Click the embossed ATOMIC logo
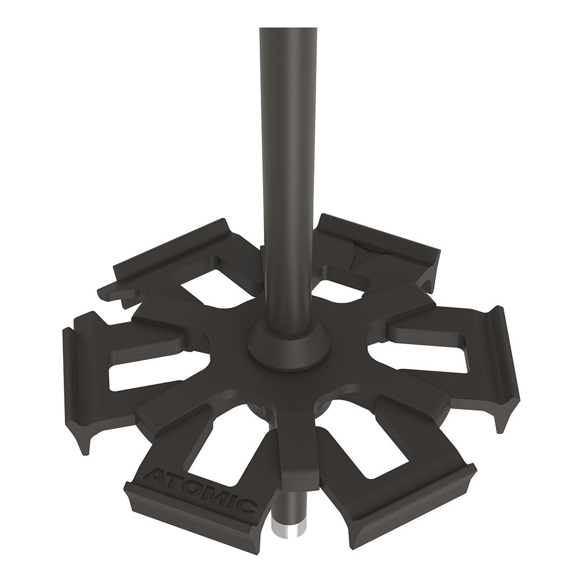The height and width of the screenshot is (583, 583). pyautogui.click(x=200, y=489)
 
